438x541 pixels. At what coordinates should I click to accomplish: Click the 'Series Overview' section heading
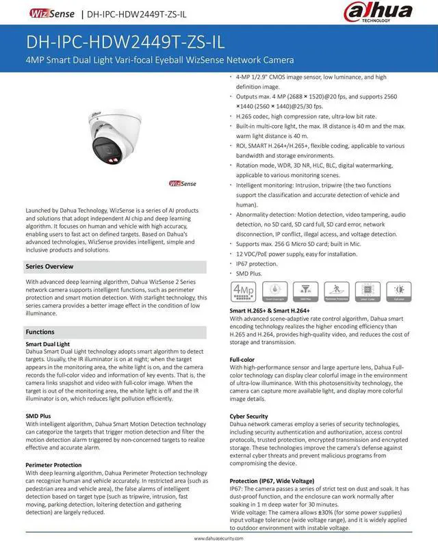pos(50,265)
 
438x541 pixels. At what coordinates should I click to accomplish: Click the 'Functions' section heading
pos(40,332)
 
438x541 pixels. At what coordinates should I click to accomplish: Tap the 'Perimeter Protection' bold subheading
pos(55,465)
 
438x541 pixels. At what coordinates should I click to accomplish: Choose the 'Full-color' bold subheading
pos(243,359)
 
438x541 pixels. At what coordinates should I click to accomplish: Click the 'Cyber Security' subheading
pos(249,417)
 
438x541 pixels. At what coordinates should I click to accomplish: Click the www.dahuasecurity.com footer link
pos(219,537)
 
